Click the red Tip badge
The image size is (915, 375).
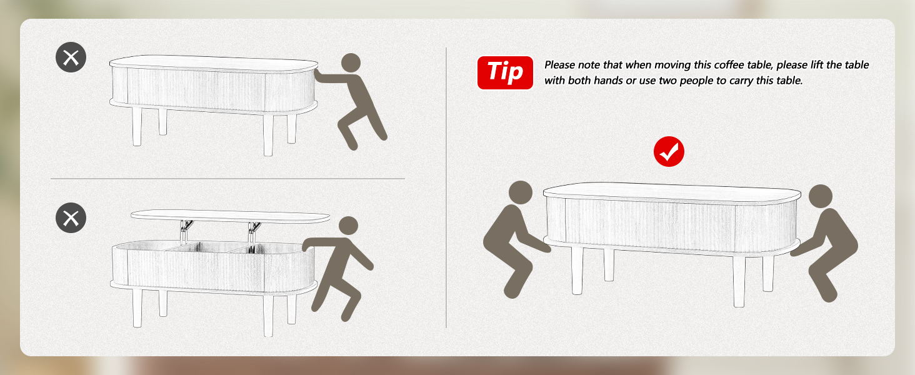coord(505,72)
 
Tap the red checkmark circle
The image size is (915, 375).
coord(669,151)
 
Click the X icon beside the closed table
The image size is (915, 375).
coord(71,57)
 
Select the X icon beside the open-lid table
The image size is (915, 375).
coord(71,217)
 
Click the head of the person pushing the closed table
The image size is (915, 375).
coord(351,63)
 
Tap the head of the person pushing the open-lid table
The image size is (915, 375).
coord(348,226)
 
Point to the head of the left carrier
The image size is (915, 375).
coord(521,192)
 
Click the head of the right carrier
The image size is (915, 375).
coord(821,196)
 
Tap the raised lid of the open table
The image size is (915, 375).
coord(231,216)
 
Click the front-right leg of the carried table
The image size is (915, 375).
coord(739,281)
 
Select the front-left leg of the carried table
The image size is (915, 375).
coord(577,271)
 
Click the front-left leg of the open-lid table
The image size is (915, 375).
coord(137,307)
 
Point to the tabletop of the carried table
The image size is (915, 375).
coord(672,192)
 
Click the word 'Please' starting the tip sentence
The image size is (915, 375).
coord(559,65)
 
